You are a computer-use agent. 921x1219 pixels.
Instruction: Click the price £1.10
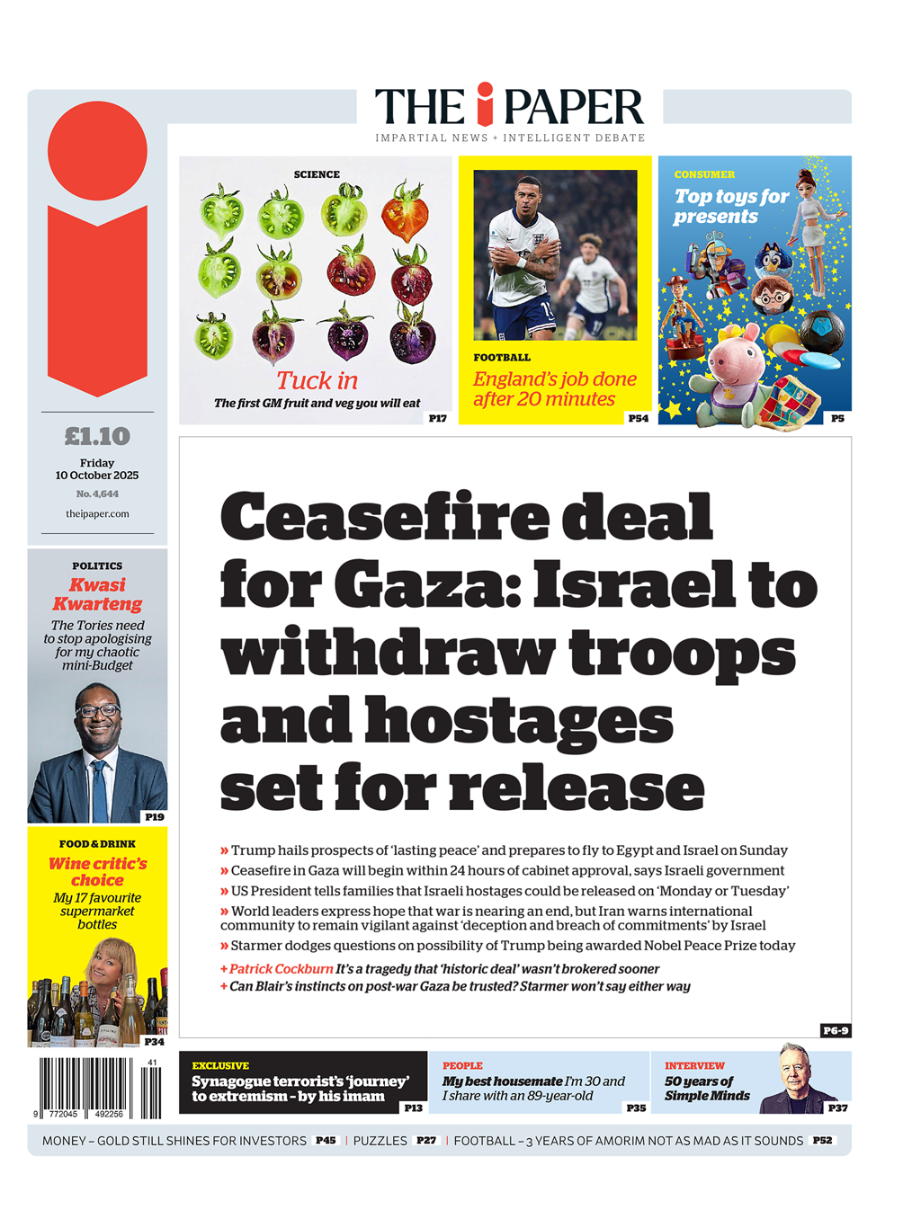97,437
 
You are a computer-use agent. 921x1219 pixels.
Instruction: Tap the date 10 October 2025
97,476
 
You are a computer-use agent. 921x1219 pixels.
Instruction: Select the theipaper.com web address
97,514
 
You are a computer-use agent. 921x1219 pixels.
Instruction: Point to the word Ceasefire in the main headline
385,518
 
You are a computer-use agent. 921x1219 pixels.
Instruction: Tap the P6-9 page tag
835,1030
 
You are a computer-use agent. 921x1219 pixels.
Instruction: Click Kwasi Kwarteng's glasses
98,710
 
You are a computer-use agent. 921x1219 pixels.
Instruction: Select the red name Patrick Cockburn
281,969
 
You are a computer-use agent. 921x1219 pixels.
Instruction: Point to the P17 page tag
437,418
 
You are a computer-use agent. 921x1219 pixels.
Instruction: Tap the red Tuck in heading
317,380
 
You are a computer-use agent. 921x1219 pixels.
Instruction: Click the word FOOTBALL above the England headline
502,358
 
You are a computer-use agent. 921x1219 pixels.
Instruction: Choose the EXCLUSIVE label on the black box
220,1065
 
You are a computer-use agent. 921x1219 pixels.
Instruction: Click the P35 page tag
636,1108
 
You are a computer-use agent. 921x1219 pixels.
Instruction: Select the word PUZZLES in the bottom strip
380,1141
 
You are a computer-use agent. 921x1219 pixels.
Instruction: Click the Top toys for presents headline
730,206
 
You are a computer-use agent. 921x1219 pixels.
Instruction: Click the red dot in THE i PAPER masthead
486,90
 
